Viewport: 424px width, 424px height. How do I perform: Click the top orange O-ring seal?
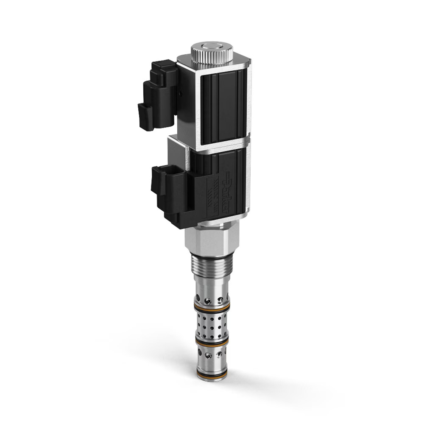[x=212, y=307]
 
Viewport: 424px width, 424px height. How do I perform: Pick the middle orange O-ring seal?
[x=212, y=340]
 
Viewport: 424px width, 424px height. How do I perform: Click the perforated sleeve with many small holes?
[x=212, y=324]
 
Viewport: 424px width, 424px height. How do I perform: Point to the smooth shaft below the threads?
[x=211, y=282]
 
